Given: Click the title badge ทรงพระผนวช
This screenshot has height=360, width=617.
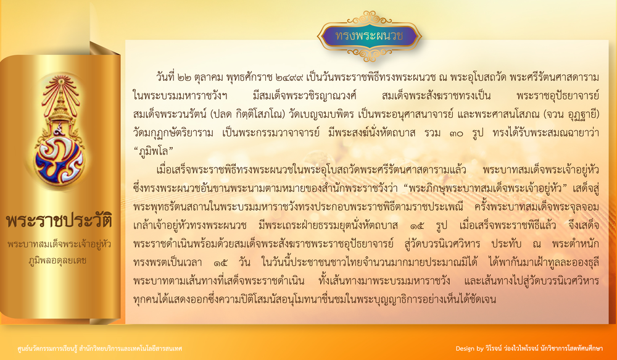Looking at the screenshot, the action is point(370,36).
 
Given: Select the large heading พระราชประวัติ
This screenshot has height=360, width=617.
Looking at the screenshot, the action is point(59,220).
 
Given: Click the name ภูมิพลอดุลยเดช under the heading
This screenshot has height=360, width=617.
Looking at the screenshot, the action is point(58,260).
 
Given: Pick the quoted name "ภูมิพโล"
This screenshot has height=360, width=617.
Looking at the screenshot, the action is point(154,151).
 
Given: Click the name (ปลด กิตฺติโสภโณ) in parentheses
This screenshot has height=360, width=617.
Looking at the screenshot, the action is point(247,114).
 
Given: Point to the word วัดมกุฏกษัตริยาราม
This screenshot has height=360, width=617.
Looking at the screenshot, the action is point(173,132).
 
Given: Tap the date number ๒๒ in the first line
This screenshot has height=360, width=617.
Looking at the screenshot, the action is point(184,77).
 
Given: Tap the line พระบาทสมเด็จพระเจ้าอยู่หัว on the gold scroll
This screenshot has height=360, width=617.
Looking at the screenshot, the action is point(59,244).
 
